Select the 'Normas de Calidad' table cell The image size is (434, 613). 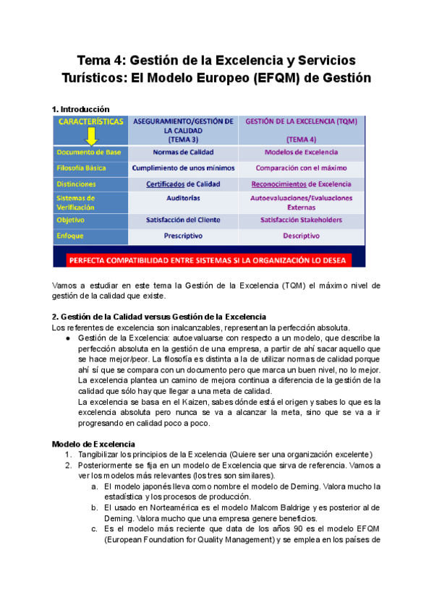coord(183,153)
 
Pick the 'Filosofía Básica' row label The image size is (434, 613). coord(81,168)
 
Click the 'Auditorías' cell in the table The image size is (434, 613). coord(183,197)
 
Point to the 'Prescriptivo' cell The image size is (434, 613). coord(183,236)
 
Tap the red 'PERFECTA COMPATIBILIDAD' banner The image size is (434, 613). coord(209,260)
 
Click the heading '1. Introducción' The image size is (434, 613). coord(82,108)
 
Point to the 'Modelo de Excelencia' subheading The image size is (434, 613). coord(93,443)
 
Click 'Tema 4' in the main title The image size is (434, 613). coord(103,59)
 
